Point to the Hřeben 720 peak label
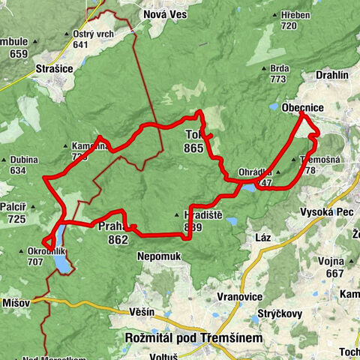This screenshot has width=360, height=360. [289, 19]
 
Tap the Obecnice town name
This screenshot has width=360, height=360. [303, 108]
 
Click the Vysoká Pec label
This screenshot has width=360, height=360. [321, 212]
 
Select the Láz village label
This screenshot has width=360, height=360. [262, 237]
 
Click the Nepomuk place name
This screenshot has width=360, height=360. [158, 256]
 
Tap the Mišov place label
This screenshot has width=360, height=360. [15, 302]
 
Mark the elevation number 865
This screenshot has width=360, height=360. [193, 148]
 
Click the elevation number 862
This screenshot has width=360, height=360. [118, 241]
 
